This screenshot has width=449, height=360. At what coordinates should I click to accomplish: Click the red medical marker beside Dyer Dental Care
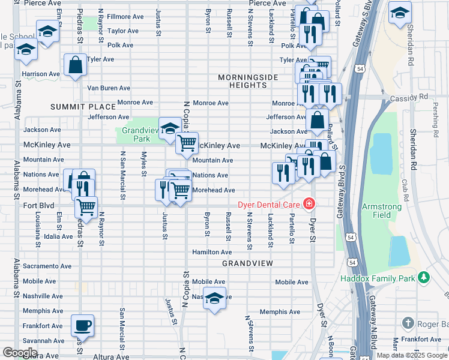309,204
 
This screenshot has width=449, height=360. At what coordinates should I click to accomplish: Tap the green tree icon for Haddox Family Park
424,277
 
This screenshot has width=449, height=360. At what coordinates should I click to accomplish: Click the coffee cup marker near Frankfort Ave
83,325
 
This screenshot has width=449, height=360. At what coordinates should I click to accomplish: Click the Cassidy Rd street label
415,96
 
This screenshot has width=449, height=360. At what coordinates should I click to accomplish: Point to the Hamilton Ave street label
212,252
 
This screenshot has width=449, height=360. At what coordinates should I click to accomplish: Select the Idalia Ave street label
57,236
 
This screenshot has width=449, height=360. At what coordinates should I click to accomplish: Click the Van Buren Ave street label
109,88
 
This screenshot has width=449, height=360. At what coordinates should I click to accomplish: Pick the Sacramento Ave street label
47,266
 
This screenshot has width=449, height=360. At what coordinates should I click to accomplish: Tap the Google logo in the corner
20,352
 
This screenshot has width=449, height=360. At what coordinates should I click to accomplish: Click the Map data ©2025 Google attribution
412,355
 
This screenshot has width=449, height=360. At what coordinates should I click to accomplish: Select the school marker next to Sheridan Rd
400,13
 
